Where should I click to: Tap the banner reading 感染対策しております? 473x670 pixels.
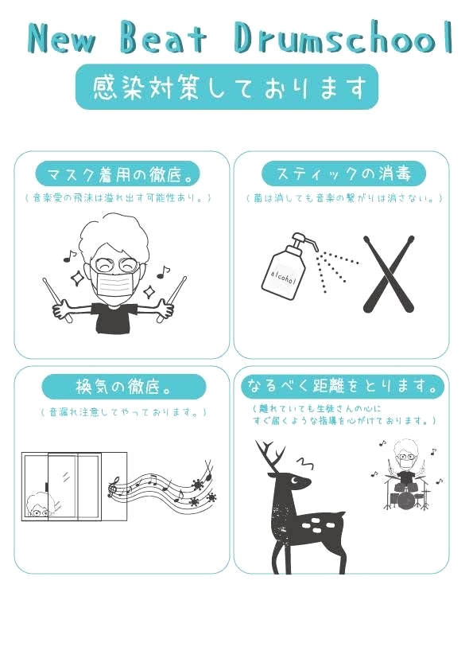(x=227, y=87)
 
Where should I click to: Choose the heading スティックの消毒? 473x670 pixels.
(x=343, y=173)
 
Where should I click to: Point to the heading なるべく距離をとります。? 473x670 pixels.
(x=343, y=388)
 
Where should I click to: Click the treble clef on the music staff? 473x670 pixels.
(x=115, y=484)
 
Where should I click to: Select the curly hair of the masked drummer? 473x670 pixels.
(x=114, y=235)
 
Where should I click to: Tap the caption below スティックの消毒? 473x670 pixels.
(x=343, y=197)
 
